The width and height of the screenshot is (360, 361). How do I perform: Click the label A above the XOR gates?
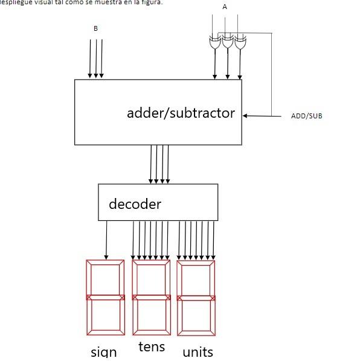225,7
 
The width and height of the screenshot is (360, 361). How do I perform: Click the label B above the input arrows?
95,28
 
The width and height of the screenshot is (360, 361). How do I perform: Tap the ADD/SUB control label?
306,116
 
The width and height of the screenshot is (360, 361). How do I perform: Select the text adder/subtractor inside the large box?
181,113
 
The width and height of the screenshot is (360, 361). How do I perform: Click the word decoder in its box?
135,204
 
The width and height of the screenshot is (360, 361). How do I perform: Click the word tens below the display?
152,347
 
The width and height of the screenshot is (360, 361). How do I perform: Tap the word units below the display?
198,351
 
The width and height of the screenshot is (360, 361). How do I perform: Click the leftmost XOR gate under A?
214,43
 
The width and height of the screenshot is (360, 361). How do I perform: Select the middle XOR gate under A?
227,43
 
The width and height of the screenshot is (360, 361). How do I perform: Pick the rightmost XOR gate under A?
240,43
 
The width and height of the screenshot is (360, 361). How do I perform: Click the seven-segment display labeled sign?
105,298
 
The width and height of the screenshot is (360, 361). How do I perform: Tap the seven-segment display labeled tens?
152,298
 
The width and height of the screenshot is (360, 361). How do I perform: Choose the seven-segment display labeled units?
196,298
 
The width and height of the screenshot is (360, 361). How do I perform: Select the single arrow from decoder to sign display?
107,240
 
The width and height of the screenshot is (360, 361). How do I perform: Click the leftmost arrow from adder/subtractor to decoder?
150,164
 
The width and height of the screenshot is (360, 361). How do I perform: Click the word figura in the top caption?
150,2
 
